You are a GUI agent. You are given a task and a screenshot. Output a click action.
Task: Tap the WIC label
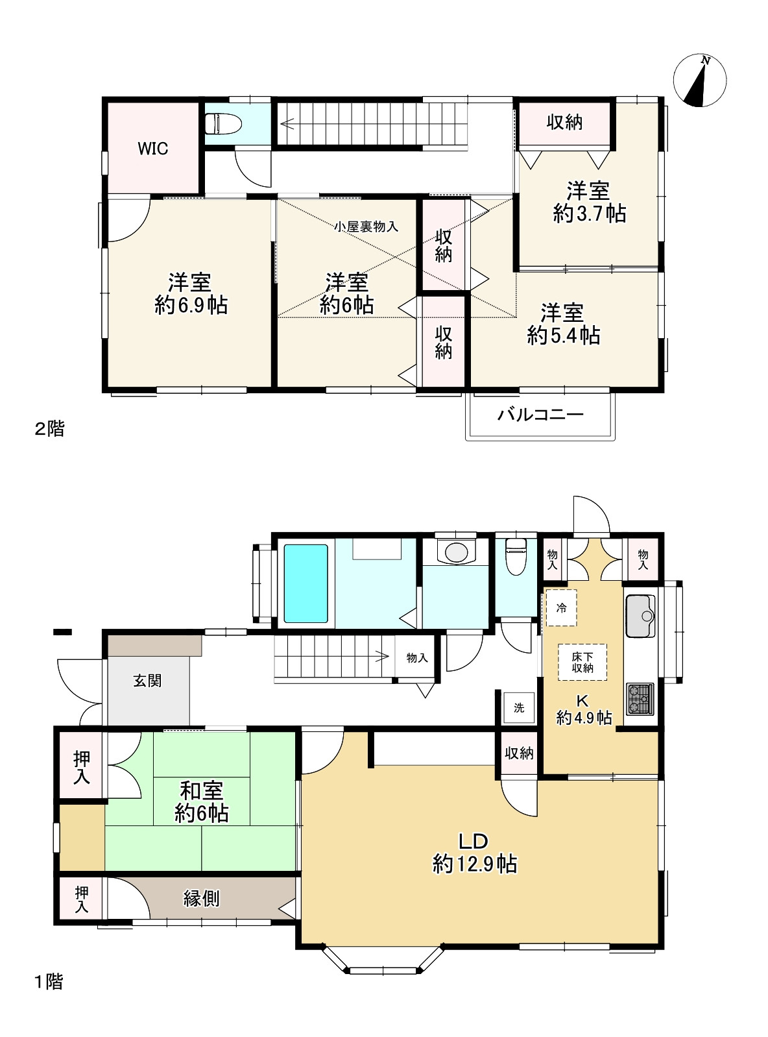tap(153, 149)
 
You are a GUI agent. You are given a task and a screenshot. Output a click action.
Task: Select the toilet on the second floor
tap(221, 123)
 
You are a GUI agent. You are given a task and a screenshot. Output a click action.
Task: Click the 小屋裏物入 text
tap(366, 226)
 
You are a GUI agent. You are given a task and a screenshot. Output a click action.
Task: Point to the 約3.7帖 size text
tap(589, 213)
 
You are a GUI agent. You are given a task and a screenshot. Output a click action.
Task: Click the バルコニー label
tap(540, 415)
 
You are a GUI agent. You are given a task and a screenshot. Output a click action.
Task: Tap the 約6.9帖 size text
tap(191, 305)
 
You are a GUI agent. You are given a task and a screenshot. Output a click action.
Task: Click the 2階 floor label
tap(49, 428)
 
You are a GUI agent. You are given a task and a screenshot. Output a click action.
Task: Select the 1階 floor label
tap(49, 982)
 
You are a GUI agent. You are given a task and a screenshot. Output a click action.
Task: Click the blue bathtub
tap(306, 583)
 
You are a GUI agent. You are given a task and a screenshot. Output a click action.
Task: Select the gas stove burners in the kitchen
tap(640, 699)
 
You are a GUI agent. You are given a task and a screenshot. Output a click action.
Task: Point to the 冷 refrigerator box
tap(562, 608)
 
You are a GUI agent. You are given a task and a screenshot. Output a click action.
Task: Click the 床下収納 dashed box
tap(582, 662)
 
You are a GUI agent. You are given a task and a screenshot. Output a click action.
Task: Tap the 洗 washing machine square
tap(519, 707)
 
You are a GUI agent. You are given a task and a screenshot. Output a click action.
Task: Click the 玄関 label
tap(147, 681)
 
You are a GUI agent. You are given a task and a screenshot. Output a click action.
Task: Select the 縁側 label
tap(201, 899)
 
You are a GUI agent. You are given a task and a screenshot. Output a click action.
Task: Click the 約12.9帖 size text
tap(474, 864)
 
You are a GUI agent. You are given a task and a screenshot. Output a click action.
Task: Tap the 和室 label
tap(201, 790)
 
